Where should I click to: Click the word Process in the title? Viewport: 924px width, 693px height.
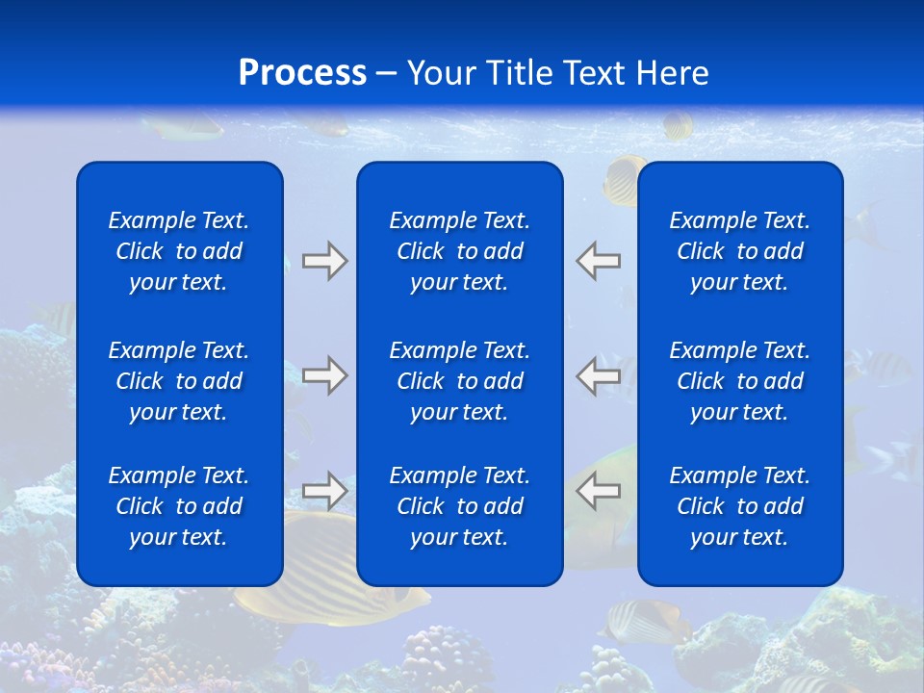[x=302, y=73]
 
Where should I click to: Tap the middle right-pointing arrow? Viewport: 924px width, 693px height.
[x=324, y=375]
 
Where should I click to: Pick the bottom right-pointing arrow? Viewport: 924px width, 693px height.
[x=324, y=491]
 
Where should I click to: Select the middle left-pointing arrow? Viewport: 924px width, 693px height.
[x=599, y=375]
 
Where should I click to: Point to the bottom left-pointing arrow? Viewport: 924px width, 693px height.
[x=599, y=491]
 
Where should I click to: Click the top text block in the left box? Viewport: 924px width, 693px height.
[x=179, y=251]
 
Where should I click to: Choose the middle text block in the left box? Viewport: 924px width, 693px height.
[x=179, y=381]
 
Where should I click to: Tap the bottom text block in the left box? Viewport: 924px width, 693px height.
[x=179, y=506]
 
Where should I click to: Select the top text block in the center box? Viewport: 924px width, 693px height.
[x=459, y=251]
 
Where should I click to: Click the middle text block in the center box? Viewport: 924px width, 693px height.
[x=459, y=381]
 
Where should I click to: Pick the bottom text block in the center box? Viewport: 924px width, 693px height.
[x=459, y=506]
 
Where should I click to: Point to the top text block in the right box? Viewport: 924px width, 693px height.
[x=739, y=251]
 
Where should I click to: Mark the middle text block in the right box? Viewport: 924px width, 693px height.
[x=739, y=381]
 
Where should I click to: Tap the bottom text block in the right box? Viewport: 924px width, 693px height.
[x=739, y=506]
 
